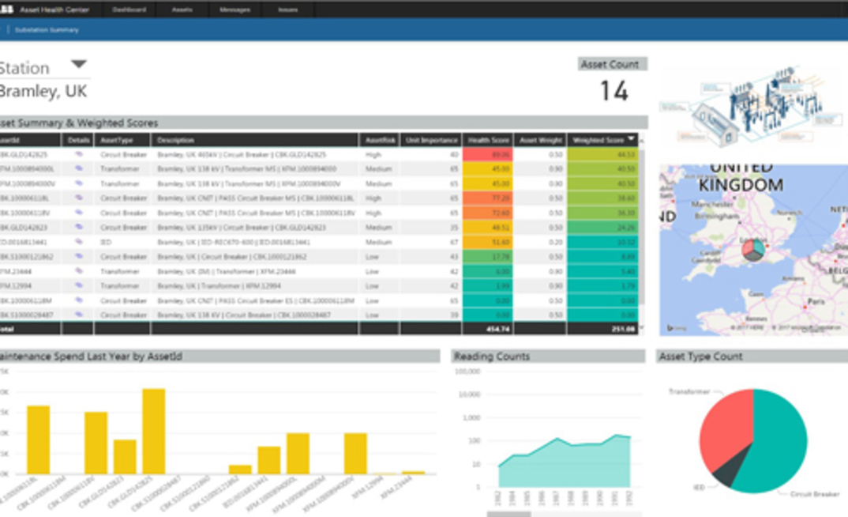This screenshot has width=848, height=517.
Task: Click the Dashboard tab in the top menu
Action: click(129, 10)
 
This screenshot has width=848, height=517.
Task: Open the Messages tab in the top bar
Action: click(235, 10)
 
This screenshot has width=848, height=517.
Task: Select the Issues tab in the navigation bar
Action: click(287, 10)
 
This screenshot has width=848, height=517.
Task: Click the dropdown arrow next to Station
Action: click(79, 65)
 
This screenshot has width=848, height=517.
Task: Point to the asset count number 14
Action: click(613, 91)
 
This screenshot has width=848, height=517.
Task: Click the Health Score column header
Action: click(488, 140)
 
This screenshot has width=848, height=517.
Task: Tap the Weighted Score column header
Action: click(602, 140)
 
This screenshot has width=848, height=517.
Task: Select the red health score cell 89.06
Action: click(489, 155)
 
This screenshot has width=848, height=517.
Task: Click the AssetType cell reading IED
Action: click(106, 243)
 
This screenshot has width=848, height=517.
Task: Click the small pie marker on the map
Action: click(752, 250)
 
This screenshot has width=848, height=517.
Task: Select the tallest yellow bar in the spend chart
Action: click(153, 431)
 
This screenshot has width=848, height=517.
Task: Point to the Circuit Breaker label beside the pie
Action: click(814, 495)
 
